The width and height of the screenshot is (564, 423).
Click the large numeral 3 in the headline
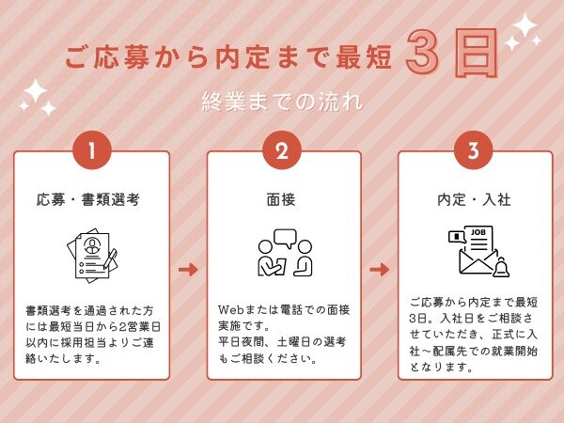[422, 52]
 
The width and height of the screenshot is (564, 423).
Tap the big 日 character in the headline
[477, 53]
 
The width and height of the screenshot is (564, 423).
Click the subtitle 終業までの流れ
[282, 102]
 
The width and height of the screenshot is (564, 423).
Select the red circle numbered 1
[92, 150]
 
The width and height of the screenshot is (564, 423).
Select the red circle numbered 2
[282, 150]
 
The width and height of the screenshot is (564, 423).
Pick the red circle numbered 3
[474, 150]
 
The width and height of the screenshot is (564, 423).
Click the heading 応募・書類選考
[88, 199]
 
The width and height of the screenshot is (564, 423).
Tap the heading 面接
[281, 199]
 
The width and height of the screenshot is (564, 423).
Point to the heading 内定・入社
[474, 199]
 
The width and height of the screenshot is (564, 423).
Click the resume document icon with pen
[92, 256]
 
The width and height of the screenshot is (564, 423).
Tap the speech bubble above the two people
[285, 238]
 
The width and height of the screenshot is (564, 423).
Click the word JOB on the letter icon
[478, 232]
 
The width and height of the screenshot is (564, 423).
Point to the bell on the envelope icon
[501, 267]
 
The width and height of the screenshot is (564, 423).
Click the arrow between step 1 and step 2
[188, 269]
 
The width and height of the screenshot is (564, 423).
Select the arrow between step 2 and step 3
[380, 269]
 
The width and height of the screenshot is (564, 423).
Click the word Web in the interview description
[231, 309]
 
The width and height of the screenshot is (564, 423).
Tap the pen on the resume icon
[110, 258]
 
